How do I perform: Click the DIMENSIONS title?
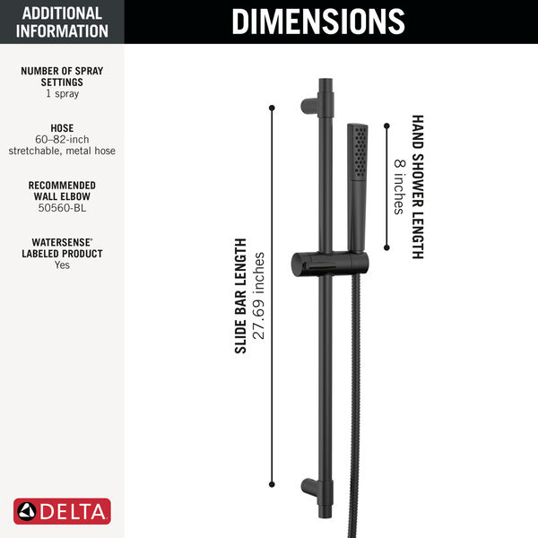point(317,22)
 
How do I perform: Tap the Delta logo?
point(63,511)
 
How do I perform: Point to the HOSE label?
point(62,128)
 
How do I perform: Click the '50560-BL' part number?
point(62,208)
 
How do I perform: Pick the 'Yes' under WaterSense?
point(62,265)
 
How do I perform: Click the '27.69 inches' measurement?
point(259,296)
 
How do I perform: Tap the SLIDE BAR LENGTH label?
point(240,296)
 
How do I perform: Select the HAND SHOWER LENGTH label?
point(418,187)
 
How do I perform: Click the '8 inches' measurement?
point(398,187)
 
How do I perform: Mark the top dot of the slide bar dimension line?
point(272,108)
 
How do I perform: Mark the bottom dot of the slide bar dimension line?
point(272,486)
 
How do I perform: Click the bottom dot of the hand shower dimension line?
point(386,248)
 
